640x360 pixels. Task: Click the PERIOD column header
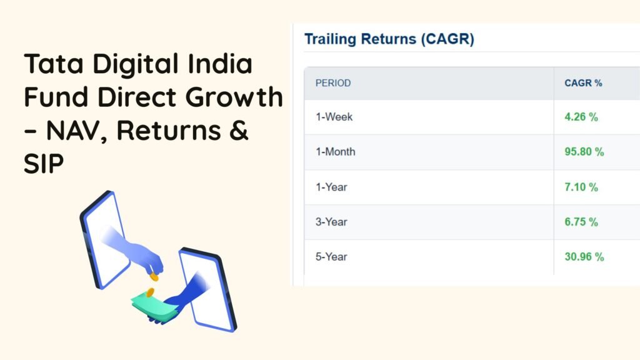pyautogui.click(x=333, y=83)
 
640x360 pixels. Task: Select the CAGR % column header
pyautogui.click(x=583, y=83)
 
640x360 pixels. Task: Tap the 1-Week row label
pyautogui.click(x=334, y=117)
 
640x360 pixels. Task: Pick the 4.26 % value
pyautogui.click(x=581, y=117)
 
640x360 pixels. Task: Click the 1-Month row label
pyautogui.click(x=336, y=152)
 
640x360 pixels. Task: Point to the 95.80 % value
pyautogui.click(x=584, y=152)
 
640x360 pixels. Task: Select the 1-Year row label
pyautogui.click(x=331, y=187)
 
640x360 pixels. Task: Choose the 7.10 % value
pyautogui.click(x=581, y=187)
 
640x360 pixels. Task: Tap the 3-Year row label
pyautogui.click(x=331, y=222)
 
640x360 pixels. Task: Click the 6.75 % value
pyautogui.click(x=581, y=222)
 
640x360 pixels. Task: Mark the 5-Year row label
pyautogui.click(x=331, y=257)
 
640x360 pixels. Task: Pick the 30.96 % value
pyautogui.click(x=584, y=257)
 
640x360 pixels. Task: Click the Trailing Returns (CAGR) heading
pyautogui.click(x=389, y=39)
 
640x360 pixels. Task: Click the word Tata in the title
pyautogui.click(x=54, y=64)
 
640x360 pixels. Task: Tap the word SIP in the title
pyautogui.click(x=44, y=164)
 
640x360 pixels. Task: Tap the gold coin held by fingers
pyautogui.click(x=154, y=277)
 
